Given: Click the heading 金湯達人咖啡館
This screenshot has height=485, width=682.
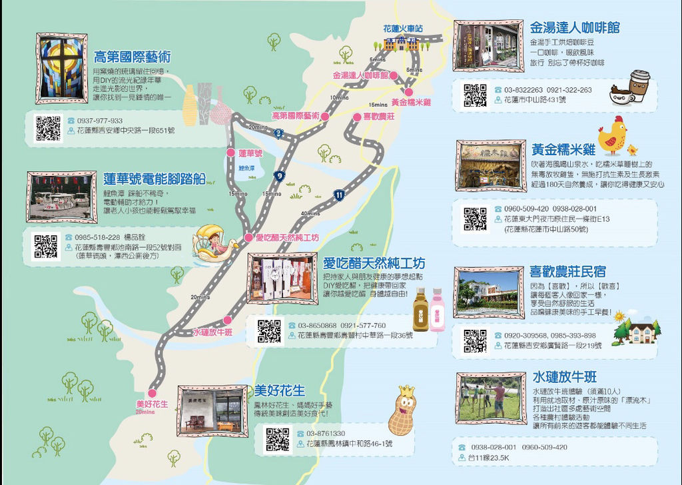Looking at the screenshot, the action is [575, 28].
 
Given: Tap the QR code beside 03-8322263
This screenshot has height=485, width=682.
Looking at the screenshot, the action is [475, 95].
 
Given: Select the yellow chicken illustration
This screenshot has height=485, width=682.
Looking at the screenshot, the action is [611, 135].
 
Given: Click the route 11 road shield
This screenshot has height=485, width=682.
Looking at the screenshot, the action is [340, 195].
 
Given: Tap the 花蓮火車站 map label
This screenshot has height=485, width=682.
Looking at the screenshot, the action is [403, 29].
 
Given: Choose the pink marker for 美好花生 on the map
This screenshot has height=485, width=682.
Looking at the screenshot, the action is [153, 392].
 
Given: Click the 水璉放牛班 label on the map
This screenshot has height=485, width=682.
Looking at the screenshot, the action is [212, 332].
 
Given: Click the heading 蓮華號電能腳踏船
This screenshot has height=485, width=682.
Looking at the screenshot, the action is [155, 178].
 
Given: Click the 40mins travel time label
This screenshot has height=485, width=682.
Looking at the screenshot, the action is [310, 213].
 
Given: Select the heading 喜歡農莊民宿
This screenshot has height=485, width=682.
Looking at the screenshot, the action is [567, 272].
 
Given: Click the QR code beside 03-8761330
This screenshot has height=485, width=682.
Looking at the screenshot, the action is [278, 439].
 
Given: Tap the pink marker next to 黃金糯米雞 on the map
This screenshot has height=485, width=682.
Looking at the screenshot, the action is [408, 92].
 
